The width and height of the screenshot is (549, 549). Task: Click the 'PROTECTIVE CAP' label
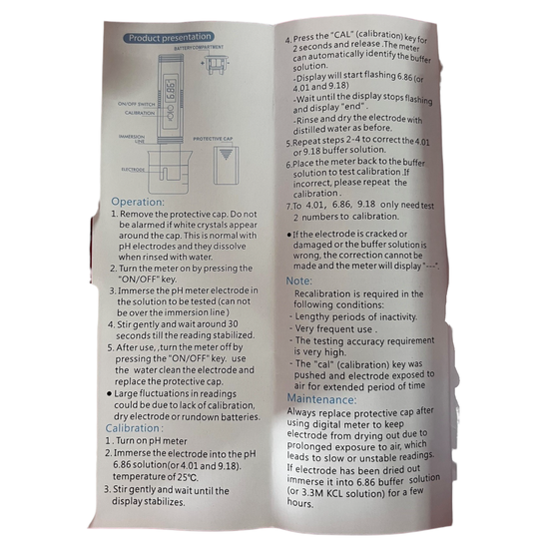[x=213, y=139]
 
